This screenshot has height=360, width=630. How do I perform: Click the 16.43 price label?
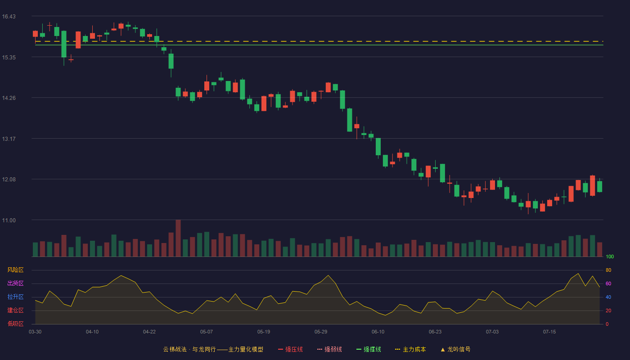(9, 17)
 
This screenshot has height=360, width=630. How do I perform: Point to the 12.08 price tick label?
(9, 180)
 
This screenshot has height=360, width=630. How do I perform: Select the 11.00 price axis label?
(9, 220)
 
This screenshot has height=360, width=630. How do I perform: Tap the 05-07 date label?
(207, 332)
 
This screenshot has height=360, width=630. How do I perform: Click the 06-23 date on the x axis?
(435, 332)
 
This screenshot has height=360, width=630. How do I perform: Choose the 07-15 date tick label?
(549, 332)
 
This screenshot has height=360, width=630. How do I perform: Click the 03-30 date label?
(35, 332)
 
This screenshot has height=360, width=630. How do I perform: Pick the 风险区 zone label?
(15, 270)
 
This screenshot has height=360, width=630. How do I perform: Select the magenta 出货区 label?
(15, 283)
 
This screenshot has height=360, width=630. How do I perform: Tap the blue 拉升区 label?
(15, 297)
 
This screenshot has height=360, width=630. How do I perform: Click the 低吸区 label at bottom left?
(15, 324)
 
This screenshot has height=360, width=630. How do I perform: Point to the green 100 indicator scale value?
(610, 256)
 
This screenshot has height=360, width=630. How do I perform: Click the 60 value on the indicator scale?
(608, 283)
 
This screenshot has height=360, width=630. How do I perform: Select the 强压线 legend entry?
(290, 349)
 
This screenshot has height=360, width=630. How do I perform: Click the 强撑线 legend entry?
(369, 349)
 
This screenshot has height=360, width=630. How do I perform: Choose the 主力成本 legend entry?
(410, 349)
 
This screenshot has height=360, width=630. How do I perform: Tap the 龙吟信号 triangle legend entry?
(455, 349)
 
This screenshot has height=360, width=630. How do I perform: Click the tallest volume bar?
(178, 238)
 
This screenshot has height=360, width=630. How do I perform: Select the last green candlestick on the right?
(599, 186)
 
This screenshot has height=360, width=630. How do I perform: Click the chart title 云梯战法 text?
(175, 349)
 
